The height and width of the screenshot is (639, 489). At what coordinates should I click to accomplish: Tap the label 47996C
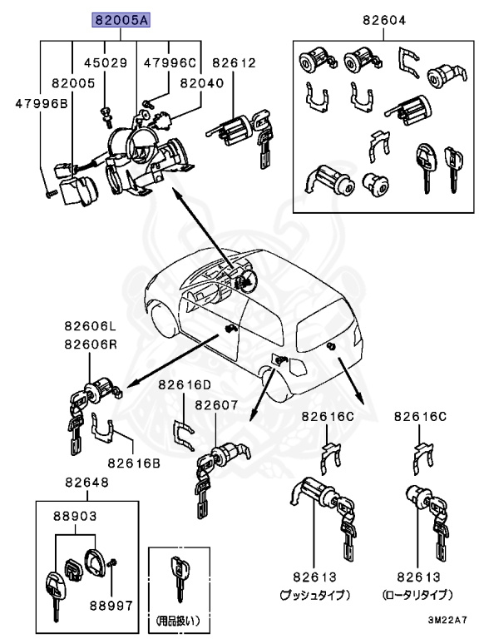[169, 62]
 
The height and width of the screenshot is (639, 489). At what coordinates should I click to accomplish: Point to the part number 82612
[234, 62]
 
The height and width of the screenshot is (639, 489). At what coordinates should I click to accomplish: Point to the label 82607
[216, 405]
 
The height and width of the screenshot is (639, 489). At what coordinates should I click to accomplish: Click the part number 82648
[86, 483]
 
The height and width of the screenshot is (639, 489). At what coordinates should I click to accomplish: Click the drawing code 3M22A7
[448, 620]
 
